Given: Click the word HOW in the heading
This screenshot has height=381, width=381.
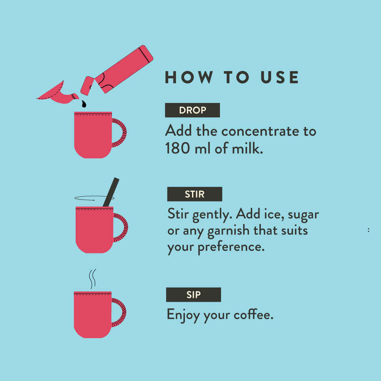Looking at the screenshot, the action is [188, 77].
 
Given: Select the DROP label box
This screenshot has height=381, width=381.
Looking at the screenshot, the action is [193, 110].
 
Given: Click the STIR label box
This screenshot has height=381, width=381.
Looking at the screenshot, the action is [195, 194].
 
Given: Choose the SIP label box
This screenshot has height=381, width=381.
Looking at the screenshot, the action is [193, 295].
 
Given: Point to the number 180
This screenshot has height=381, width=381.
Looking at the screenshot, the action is [178, 148].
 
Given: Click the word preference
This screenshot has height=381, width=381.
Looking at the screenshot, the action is [231, 247].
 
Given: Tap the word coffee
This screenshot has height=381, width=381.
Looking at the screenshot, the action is [253, 315].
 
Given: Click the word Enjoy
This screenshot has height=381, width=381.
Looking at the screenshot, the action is [184, 315].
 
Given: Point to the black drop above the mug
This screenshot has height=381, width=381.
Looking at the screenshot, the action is [84, 104].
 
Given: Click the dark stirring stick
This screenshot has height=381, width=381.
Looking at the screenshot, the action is [111, 192].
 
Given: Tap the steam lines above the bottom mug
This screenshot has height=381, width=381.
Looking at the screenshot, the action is [92, 279].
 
